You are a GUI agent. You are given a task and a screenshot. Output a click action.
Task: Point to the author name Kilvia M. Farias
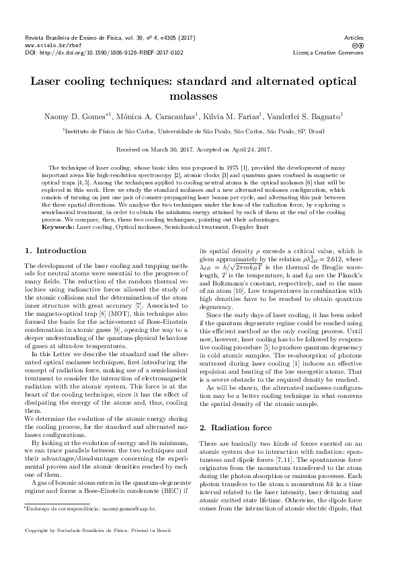tap(231, 116)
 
